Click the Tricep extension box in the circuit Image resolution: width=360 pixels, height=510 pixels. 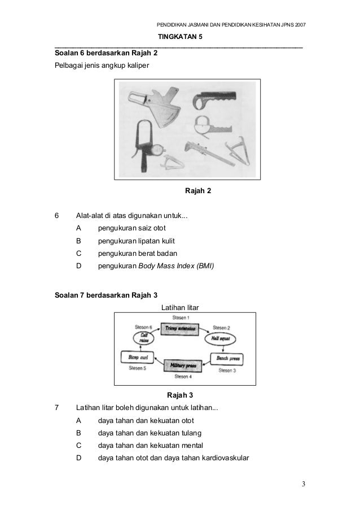coord(178,328)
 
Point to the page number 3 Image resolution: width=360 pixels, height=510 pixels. coord(303,484)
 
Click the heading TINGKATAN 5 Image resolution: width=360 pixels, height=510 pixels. coord(179,36)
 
